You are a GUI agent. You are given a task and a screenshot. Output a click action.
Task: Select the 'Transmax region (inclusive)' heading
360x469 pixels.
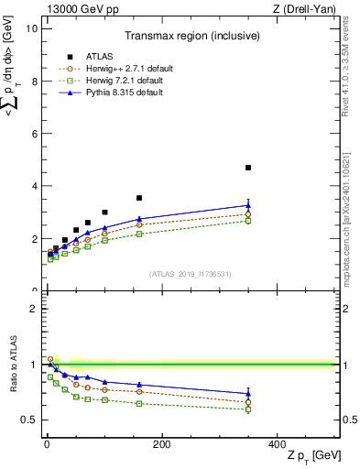tap(190, 36)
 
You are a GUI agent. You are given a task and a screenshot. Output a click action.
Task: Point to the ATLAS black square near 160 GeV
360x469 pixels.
tap(139, 198)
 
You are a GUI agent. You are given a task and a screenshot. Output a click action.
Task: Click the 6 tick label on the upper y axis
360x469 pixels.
tap(34, 134)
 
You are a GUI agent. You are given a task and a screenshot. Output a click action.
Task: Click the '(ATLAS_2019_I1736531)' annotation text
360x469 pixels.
tap(189, 273)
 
